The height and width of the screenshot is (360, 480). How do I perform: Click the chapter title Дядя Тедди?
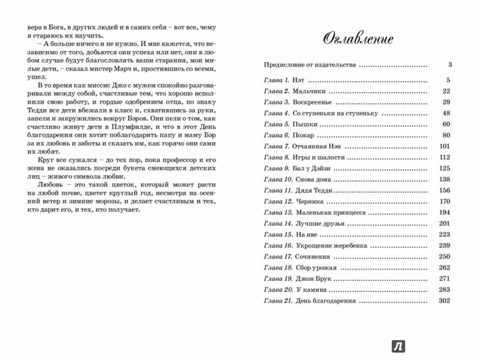pyautogui.click(x=315, y=191)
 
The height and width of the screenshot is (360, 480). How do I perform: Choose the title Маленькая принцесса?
pyautogui.click(x=331, y=213)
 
